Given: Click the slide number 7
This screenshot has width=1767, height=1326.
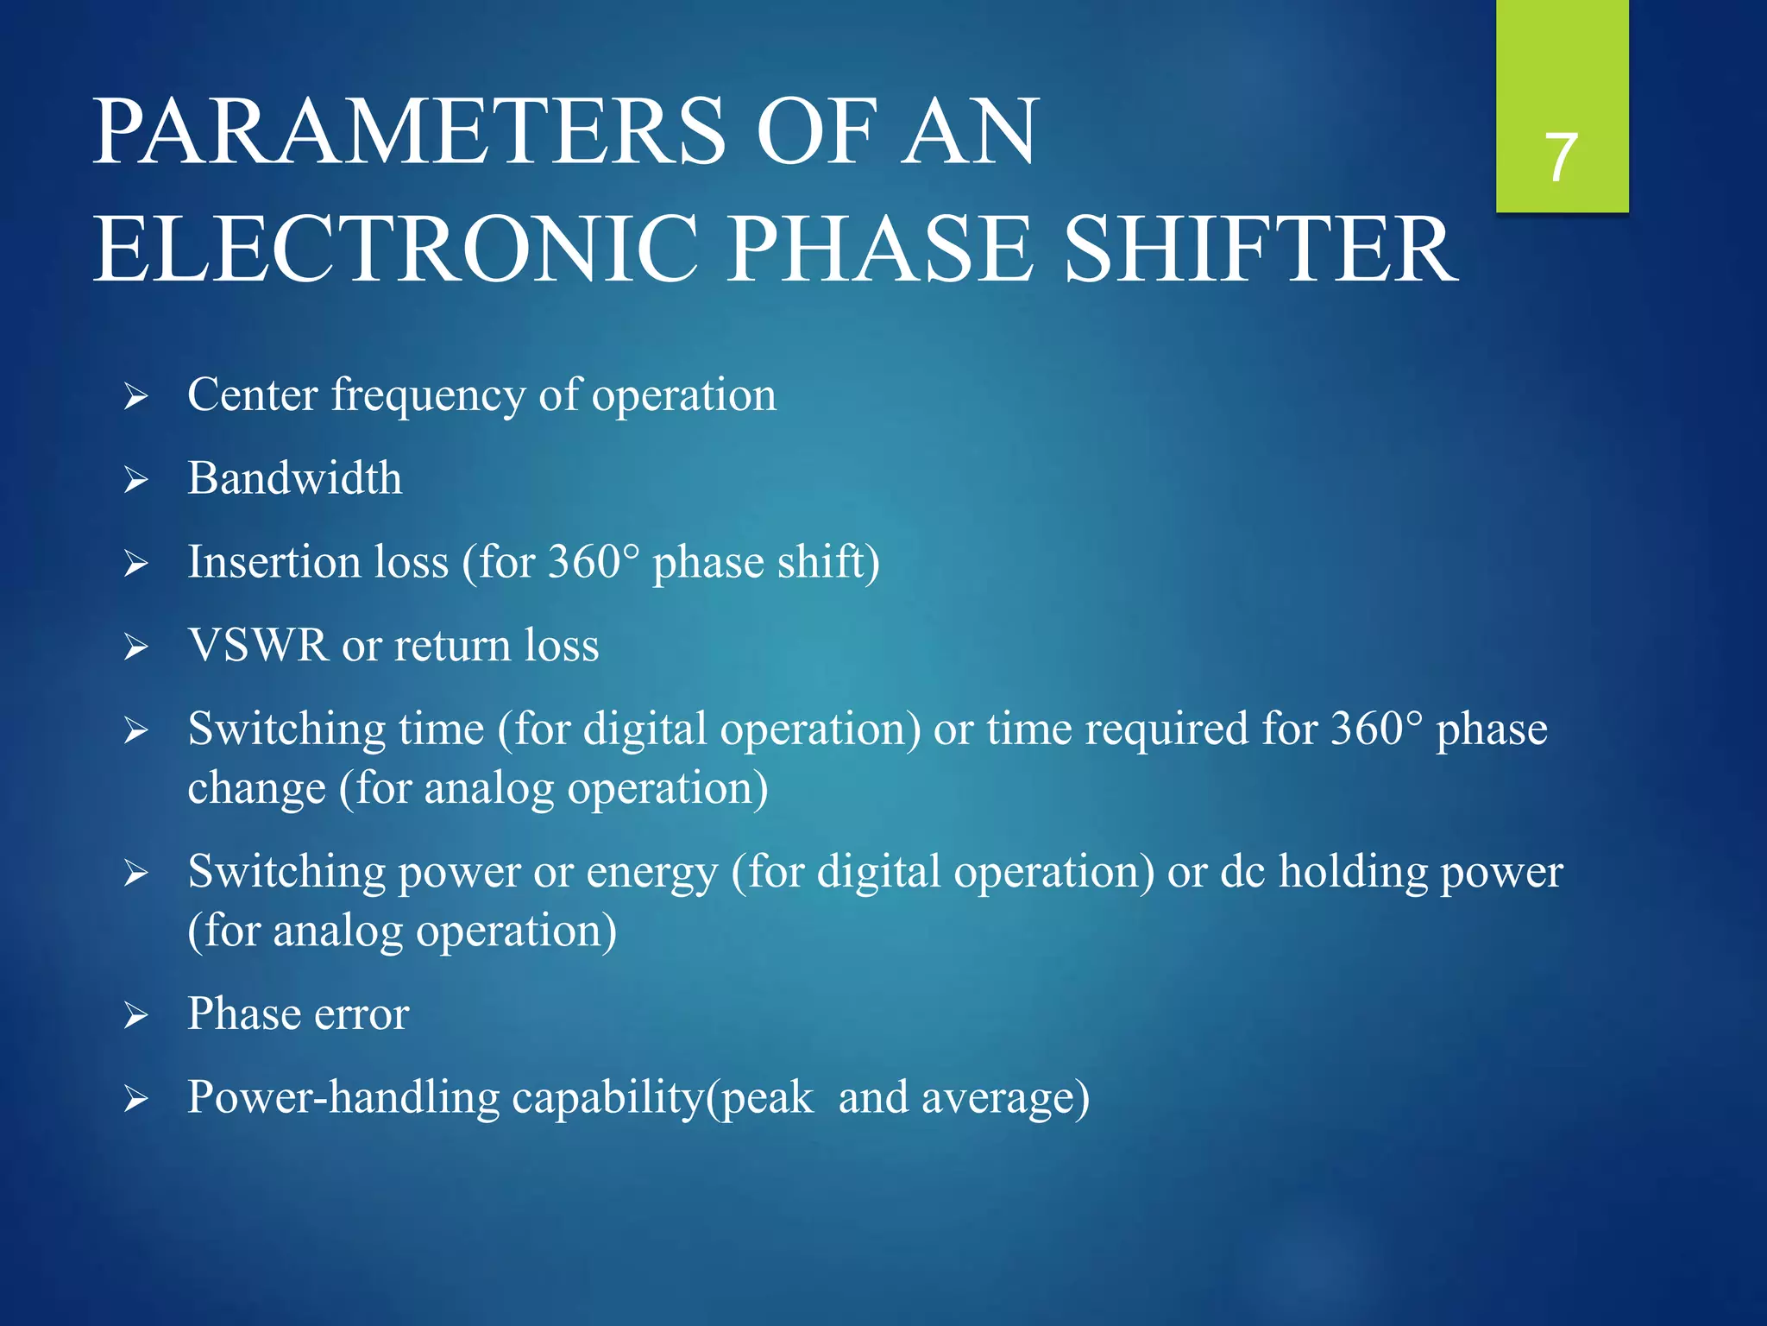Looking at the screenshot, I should tap(1562, 158).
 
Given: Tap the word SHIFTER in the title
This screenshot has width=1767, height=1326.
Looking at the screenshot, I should tap(1261, 249).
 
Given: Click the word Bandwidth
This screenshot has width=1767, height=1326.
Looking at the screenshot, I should tap(294, 478).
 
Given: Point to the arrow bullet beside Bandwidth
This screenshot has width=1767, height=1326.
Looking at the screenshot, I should tap(136, 480).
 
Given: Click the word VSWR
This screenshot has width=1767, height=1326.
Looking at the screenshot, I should tap(258, 646).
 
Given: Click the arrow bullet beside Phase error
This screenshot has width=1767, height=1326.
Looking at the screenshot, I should tap(136, 1015).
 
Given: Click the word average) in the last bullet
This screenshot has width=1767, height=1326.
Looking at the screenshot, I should tap(1005, 1099).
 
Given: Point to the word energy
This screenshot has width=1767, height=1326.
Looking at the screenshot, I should tap(651, 872).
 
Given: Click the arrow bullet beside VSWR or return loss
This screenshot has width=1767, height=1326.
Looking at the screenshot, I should tap(136, 647).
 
